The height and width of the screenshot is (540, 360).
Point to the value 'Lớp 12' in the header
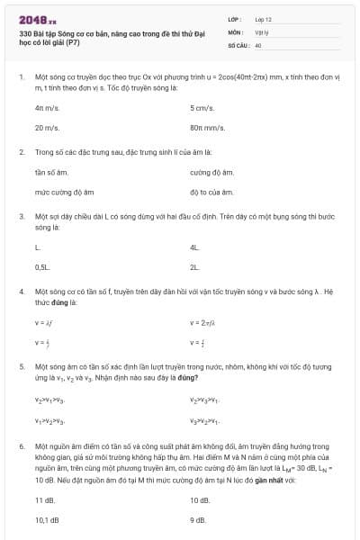[x=263, y=18]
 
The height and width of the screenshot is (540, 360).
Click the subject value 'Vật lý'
[x=262, y=31]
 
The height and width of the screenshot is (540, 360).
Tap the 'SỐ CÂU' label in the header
[x=238, y=43]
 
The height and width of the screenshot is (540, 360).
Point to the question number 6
[x=21, y=445]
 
